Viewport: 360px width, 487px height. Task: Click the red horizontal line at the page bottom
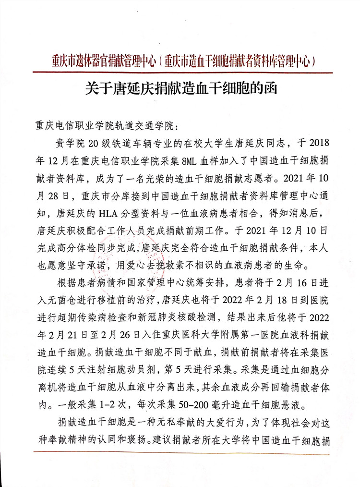point(182,451)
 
